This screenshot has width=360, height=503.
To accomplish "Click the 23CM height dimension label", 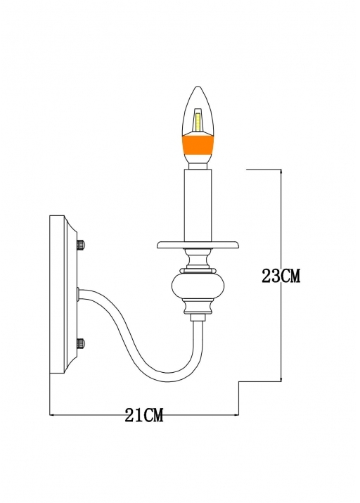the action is [x=281, y=276].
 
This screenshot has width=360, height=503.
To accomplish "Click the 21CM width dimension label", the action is [x=144, y=415].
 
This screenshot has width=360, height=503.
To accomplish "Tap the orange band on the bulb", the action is [x=198, y=146].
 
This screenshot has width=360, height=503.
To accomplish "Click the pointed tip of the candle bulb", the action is [x=198, y=87].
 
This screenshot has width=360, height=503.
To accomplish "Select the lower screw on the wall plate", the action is [x=82, y=343].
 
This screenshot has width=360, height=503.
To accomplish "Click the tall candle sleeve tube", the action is [x=198, y=205].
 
